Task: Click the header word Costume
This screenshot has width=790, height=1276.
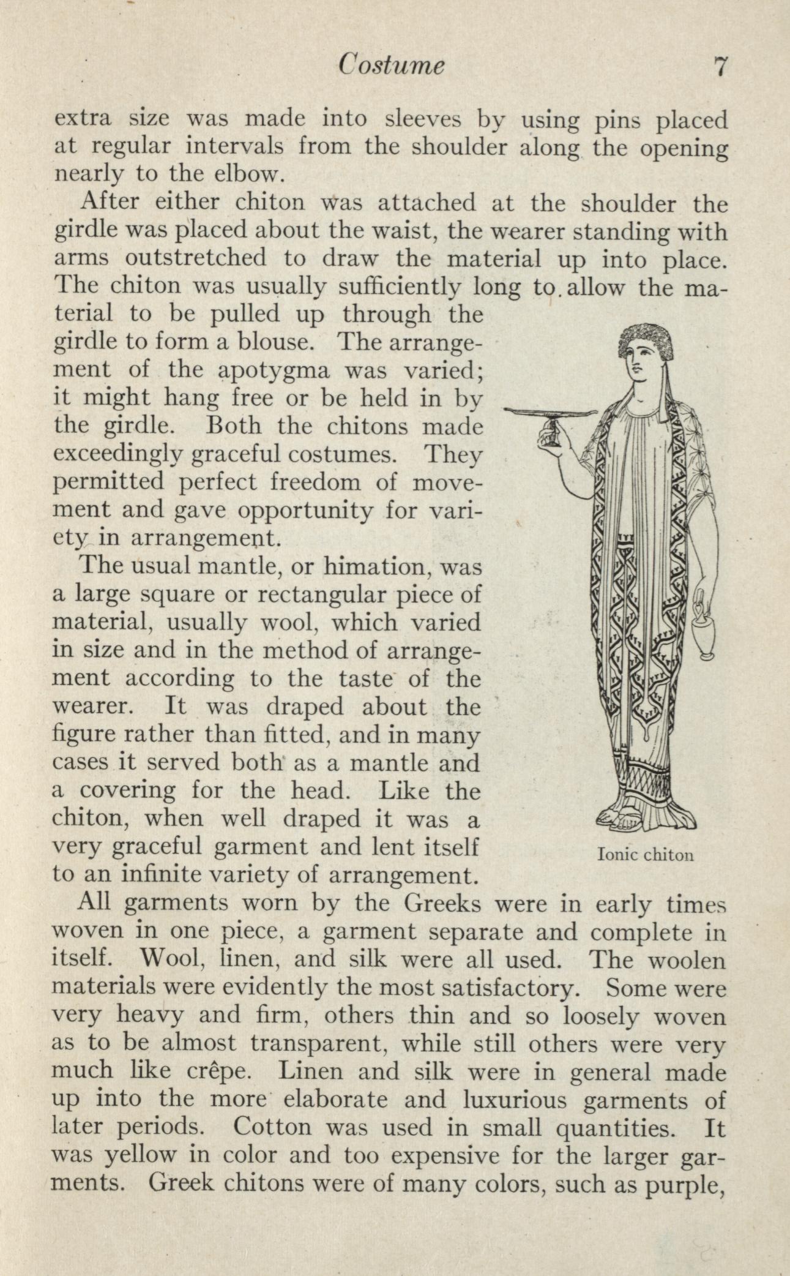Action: (392, 66)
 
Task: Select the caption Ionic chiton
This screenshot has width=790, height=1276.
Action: (645, 854)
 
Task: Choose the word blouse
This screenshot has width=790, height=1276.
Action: (275, 342)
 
